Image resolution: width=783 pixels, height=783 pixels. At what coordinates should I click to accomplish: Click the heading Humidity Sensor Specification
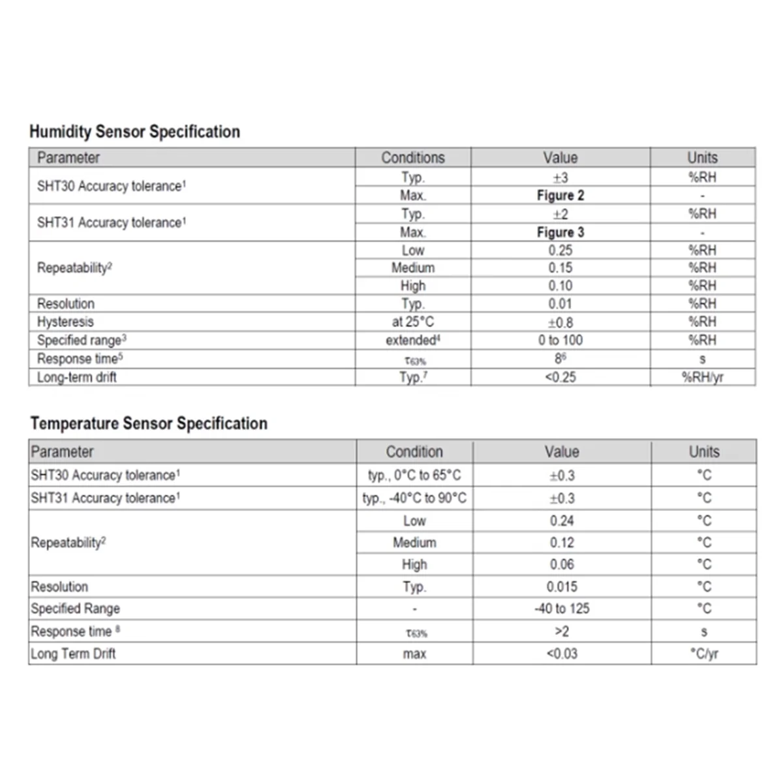point(134,132)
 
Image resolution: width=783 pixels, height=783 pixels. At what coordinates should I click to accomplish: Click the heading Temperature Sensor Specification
point(149,423)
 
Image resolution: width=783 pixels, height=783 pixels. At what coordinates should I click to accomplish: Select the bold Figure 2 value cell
point(560,195)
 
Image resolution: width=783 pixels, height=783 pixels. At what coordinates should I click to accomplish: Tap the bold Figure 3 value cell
point(560,232)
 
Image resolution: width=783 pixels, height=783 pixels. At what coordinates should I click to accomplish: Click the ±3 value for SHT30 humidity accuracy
point(560,177)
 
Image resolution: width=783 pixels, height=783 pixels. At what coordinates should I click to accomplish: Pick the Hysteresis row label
point(65,322)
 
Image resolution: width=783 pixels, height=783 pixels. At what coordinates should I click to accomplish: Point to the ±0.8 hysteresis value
point(560,322)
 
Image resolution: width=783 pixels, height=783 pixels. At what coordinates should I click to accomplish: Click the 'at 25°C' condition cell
point(412,322)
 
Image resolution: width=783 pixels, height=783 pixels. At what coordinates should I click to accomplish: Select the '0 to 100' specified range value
point(560,340)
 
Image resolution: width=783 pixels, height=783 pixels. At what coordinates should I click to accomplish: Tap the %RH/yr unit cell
point(702,377)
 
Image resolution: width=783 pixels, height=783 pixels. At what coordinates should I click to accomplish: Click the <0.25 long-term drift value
point(560,377)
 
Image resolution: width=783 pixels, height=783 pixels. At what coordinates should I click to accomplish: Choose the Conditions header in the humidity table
point(412,158)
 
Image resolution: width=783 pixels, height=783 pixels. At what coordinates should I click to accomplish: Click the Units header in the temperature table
point(704,452)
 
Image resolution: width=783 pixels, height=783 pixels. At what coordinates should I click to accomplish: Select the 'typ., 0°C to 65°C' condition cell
point(414,475)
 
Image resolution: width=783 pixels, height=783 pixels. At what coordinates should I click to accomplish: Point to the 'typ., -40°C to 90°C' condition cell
point(414,498)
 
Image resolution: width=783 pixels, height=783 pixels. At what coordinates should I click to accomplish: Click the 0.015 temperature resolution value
point(562,587)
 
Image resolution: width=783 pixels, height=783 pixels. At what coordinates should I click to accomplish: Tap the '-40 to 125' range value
point(562,608)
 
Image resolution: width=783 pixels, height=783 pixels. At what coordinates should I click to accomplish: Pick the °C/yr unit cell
point(704,653)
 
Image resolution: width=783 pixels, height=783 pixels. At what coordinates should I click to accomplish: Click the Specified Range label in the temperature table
point(75,608)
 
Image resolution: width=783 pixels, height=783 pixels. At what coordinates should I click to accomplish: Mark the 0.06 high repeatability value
point(562,564)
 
